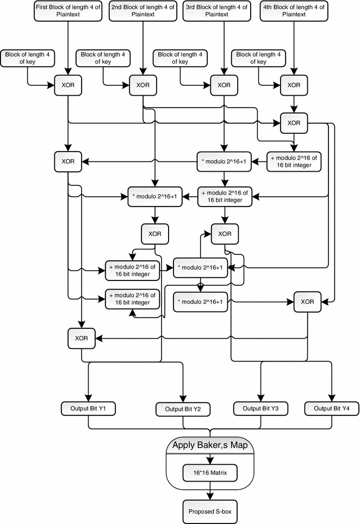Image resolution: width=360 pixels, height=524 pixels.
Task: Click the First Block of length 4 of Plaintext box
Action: pos(68,11)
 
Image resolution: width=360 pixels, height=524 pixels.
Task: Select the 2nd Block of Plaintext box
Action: pos(143,11)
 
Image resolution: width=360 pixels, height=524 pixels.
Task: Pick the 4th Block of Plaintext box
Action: pos(294,11)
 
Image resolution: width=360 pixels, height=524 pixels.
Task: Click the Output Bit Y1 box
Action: pos(88,408)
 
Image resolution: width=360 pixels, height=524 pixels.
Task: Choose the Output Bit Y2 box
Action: pos(184,408)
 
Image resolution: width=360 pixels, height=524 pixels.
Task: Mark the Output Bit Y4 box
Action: pos(330,408)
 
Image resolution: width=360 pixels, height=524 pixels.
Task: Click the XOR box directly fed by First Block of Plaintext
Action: pos(68,85)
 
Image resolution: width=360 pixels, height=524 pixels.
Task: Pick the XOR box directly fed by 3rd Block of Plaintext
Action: pos(224,85)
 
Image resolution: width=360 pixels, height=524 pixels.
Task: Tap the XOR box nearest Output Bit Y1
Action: pos(82,338)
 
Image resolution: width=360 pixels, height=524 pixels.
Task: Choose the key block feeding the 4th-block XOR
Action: pos(259,58)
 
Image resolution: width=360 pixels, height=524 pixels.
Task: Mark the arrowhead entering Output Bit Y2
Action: pos(184,398)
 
